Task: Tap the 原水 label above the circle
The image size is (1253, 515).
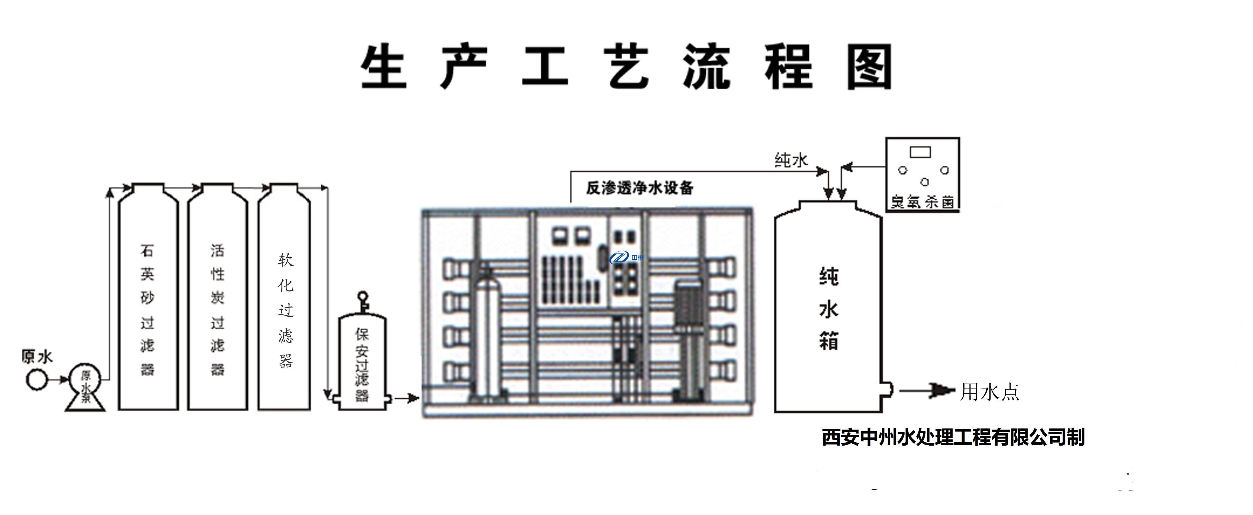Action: [37, 357]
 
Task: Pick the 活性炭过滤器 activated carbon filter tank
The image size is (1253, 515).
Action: [217, 301]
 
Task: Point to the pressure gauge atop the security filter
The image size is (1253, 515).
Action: [362, 297]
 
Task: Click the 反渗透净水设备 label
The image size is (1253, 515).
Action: [639, 188]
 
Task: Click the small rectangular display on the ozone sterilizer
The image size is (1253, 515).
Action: [920, 152]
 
